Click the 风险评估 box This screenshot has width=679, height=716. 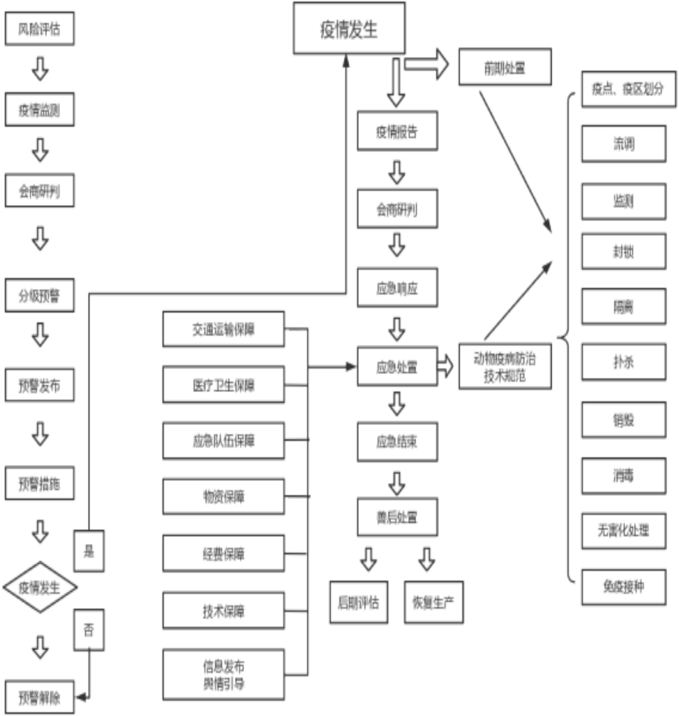pos(39,29)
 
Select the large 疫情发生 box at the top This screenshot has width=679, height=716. pos(349,29)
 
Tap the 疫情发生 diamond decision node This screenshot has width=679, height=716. pos(40,587)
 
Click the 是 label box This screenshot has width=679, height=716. pos(89,551)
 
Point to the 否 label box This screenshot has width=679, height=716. pos(89,630)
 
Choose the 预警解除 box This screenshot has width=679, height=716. pos(39,698)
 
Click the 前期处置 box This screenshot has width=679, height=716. pos(505,68)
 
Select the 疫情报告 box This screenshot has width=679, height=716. pos(397,132)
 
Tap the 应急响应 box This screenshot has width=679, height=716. pos(397,288)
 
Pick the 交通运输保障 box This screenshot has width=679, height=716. pos(224,329)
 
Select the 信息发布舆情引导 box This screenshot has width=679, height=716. pos(224,675)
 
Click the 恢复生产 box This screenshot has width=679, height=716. pos(434,602)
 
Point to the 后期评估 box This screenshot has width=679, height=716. pos(358,602)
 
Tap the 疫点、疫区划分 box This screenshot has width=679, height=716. pos(628,89)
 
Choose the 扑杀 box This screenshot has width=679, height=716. pos(624,362)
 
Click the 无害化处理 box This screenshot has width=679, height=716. pos(624,531)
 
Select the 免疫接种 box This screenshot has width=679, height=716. pos(624,587)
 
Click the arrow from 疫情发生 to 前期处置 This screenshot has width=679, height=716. pos(427,64)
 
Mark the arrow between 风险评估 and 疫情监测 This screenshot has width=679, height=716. pos(40,69)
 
